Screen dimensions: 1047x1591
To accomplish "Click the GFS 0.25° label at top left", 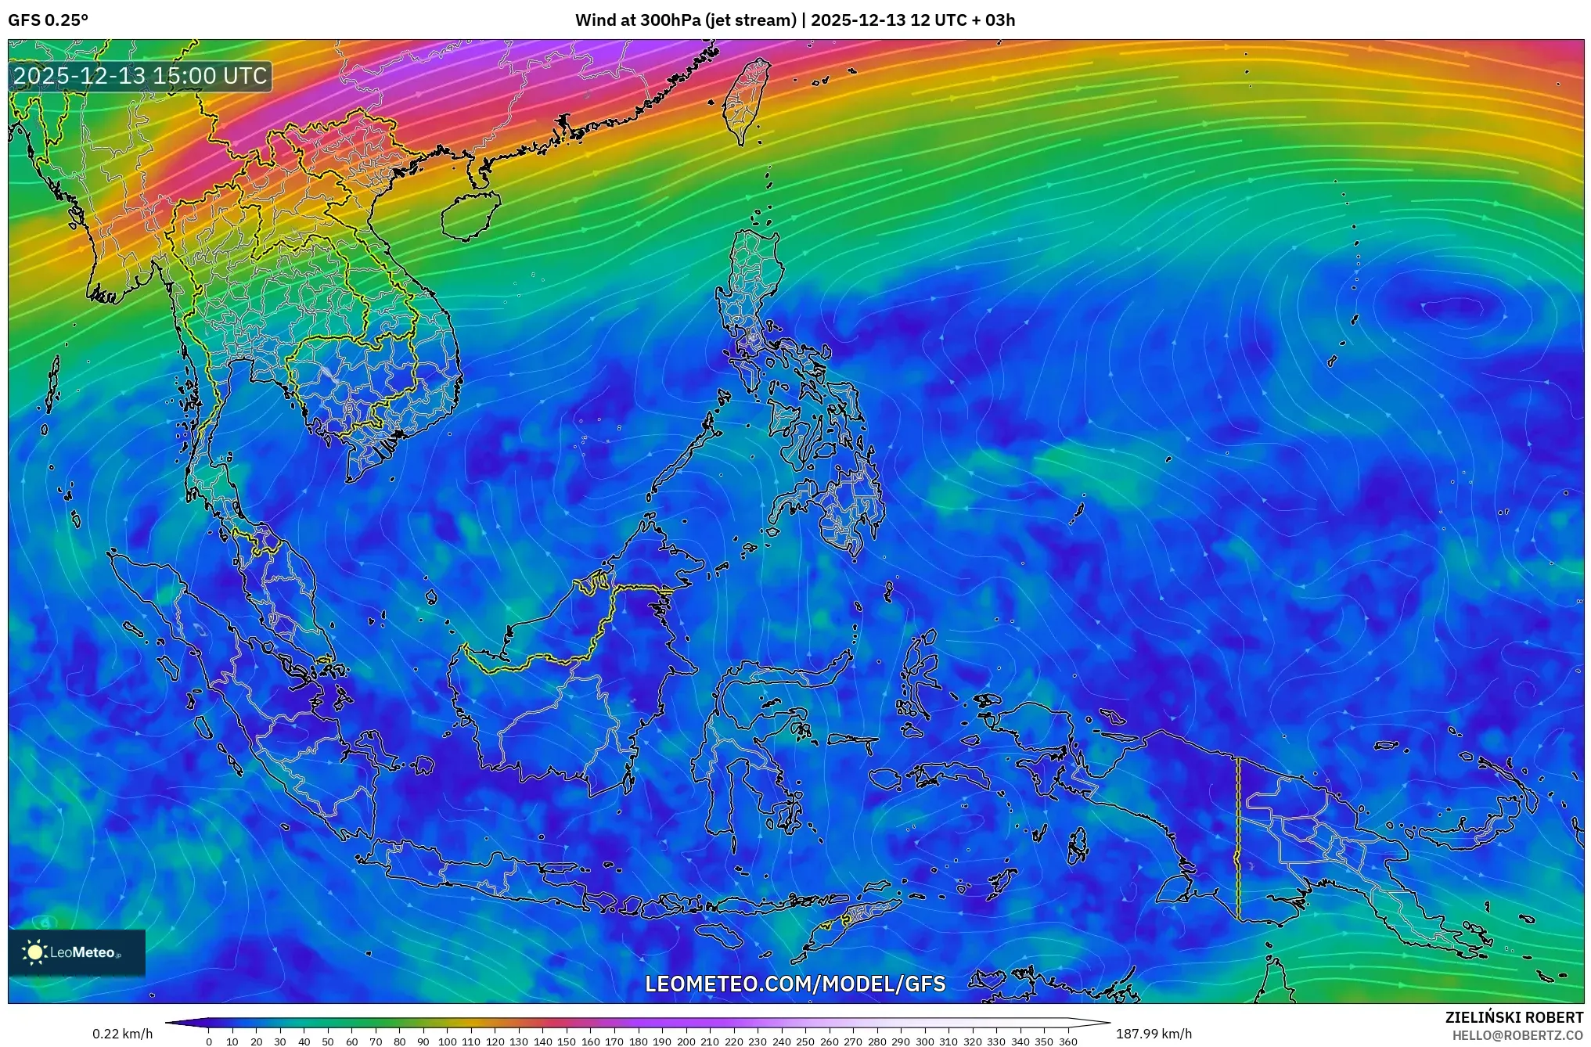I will pyautogui.click(x=48, y=20).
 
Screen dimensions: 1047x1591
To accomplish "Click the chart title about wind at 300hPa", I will pyautogui.click(x=794, y=20).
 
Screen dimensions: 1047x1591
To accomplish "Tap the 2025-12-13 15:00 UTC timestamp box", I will pyautogui.click(x=141, y=76).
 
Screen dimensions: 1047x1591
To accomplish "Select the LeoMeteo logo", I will pyautogui.click(x=77, y=952).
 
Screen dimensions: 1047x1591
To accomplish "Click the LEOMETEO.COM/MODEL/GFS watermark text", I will pyautogui.click(x=795, y=984).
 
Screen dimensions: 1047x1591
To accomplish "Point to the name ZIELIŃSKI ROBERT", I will pyautogui.click(x=1514, y=1017).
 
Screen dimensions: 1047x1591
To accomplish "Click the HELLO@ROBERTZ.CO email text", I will pyautogui.click(x=1517, y=1035).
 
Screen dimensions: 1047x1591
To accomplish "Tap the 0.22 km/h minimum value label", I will pyautogui.click(x=122, y=1034).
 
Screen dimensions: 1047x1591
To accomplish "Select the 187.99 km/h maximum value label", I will pyautogui.click(x=1154, y=1034).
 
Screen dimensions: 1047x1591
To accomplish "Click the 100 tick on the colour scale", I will pyautogui.click(x=447, y=1042).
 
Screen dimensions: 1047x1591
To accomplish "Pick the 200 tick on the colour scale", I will pyautogui.click(x=686, y=1042).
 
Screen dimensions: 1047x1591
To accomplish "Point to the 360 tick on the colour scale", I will pyautogui.click(x=1068, y=1042).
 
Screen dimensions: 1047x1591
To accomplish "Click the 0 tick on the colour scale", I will pyautogui.click(x=208, y=1042).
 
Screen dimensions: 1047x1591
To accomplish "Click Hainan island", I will pyautogui.click(x=470, y=214).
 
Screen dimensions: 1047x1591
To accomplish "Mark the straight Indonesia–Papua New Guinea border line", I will pyautogui.click(x=1237, y=837).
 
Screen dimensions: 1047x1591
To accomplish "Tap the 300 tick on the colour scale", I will pyautogui.click(x=925, y=1042).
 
